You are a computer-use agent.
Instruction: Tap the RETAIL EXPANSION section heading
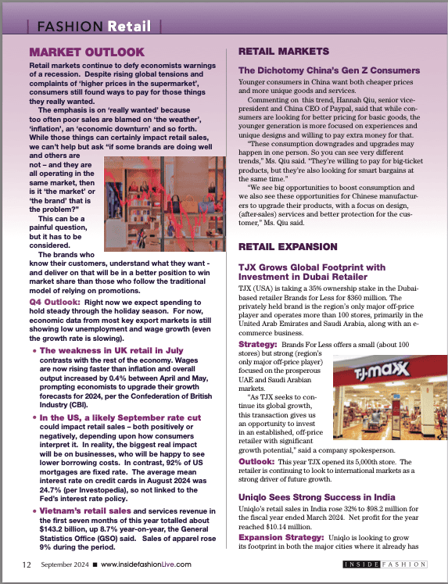pyautogui.click(x=289, y=248)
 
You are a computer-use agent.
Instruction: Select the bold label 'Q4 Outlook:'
pyautogui.click(x=52, y=300)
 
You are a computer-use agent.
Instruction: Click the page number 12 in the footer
pyautogui.click(x=27, y=564)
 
